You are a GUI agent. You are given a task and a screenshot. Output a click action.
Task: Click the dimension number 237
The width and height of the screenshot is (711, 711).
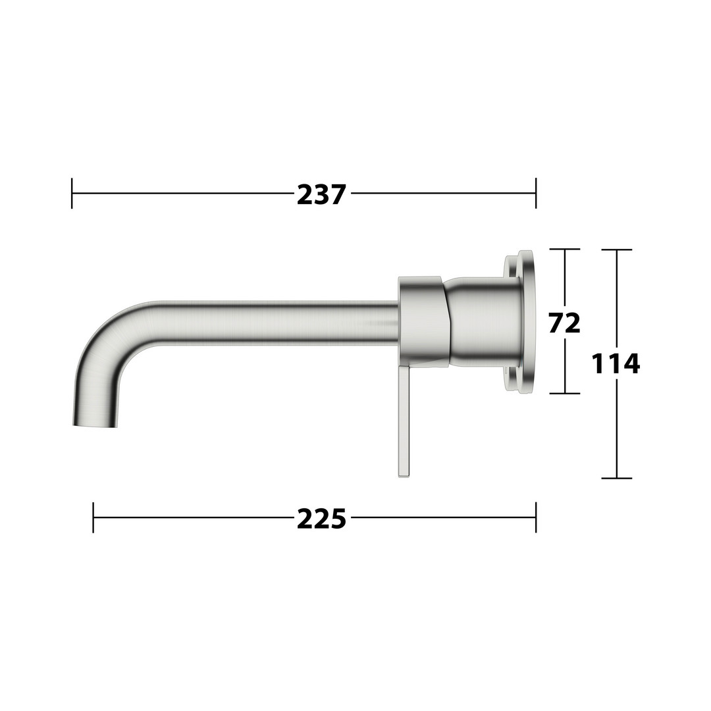pyautogui.click(x=321, y=194)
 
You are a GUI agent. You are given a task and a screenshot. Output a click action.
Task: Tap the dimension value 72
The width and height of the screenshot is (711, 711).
pyautogui.click(x=565, y=323)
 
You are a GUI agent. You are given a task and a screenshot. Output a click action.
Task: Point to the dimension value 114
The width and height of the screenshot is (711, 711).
pyautogui.click(x=616, y=363)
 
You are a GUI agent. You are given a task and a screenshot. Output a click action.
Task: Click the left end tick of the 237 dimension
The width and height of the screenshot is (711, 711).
pyautogui.click(x=72, y=194)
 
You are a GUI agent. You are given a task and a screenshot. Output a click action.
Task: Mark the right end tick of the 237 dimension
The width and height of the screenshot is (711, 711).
pyautogui.click(x=536, y=194)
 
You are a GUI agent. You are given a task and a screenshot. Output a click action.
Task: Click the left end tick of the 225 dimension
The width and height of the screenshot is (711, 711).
pyautogui.click(x=93, y=517)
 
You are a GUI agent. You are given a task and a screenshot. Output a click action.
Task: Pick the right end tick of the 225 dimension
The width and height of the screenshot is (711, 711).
pyautogui.click(x=536, y=517)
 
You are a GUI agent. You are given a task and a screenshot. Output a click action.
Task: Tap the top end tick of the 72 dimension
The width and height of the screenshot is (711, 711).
pyautogui.click(x=565, y=249)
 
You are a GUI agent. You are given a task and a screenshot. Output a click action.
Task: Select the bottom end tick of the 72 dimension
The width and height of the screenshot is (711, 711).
pyautogui.click(x=565, y=393)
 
